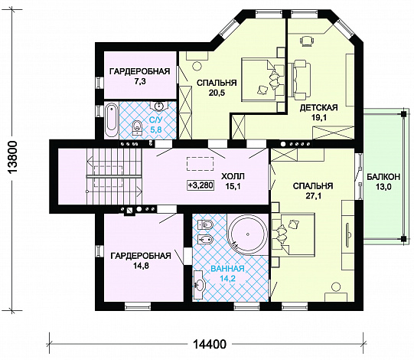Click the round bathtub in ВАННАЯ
pos(248,234)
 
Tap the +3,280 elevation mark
pos(200,185)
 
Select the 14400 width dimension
pos(210,344)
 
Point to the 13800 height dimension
pos(12,157)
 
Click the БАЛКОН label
pos(383,177)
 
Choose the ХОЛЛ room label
pos(233,176)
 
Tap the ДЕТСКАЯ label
pos(318,107)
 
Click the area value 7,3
pos(140,82)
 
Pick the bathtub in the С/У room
pos(111,120)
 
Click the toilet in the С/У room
pos(136,128)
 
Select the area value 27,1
pos(313,196)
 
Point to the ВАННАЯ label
pos(227,269)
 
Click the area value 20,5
pos(217,93)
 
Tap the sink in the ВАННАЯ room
pos(199,285)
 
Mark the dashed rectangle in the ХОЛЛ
pos(200,164)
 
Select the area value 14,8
pos(141,266)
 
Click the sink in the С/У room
pos(158,106)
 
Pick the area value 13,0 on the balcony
pos(383,187)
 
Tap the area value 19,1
pos(318,118)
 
